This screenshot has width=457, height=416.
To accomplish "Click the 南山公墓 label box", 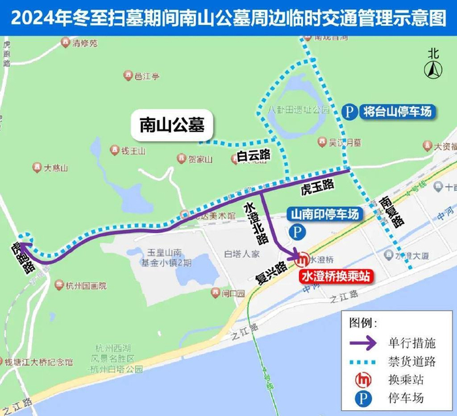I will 172,124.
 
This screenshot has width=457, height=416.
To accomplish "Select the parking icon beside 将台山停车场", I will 351,112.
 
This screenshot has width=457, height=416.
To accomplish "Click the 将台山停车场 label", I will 397,112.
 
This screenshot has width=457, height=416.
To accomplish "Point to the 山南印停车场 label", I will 324,214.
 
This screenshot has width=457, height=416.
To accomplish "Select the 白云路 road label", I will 251,155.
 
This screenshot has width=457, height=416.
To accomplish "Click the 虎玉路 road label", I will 317,187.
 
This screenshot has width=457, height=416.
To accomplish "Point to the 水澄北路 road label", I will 255,221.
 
